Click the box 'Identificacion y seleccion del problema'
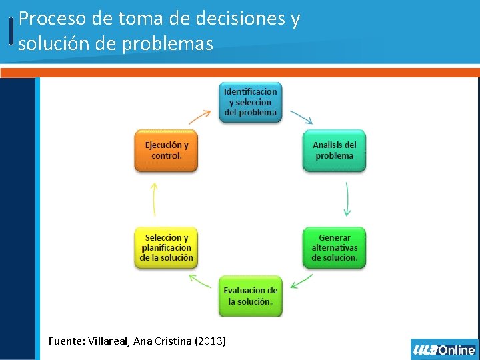click(x=250, y=102)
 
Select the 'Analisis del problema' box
click(x=334, y=150)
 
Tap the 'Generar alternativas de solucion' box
click(x=334, y=247)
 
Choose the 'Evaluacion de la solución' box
click(x=250, y=296)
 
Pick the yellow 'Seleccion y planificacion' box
click(x=166, y=247)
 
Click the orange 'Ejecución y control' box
click(x=166, y=150)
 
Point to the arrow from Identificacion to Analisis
click(x=301, y=117)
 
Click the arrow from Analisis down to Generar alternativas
click(x=347, y=198)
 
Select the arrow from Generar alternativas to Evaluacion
click(x=302, y=281)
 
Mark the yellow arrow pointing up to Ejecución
click(x=154, y=199)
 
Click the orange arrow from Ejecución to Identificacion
click(x=199, y=117)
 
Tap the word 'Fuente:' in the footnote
click(x=65, y=341)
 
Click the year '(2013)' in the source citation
click(x=210, y=341)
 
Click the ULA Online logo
click(x=444, y=349)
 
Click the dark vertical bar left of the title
click(x=11, y=31)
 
